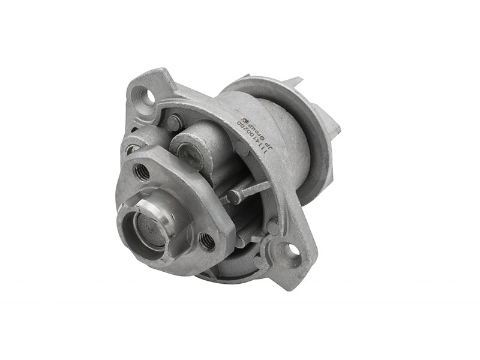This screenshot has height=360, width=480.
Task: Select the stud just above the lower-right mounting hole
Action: [x=272, y=227]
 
